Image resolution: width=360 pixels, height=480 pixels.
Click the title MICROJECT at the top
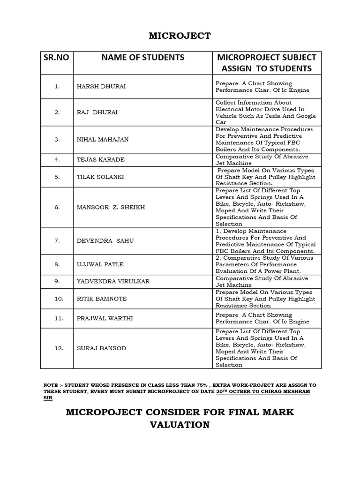(180, 36)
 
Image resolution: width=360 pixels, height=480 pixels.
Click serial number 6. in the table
(57, 207)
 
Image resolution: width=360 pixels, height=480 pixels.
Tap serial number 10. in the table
(59, 299)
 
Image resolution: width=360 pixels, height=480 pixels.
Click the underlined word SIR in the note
(48, 397)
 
